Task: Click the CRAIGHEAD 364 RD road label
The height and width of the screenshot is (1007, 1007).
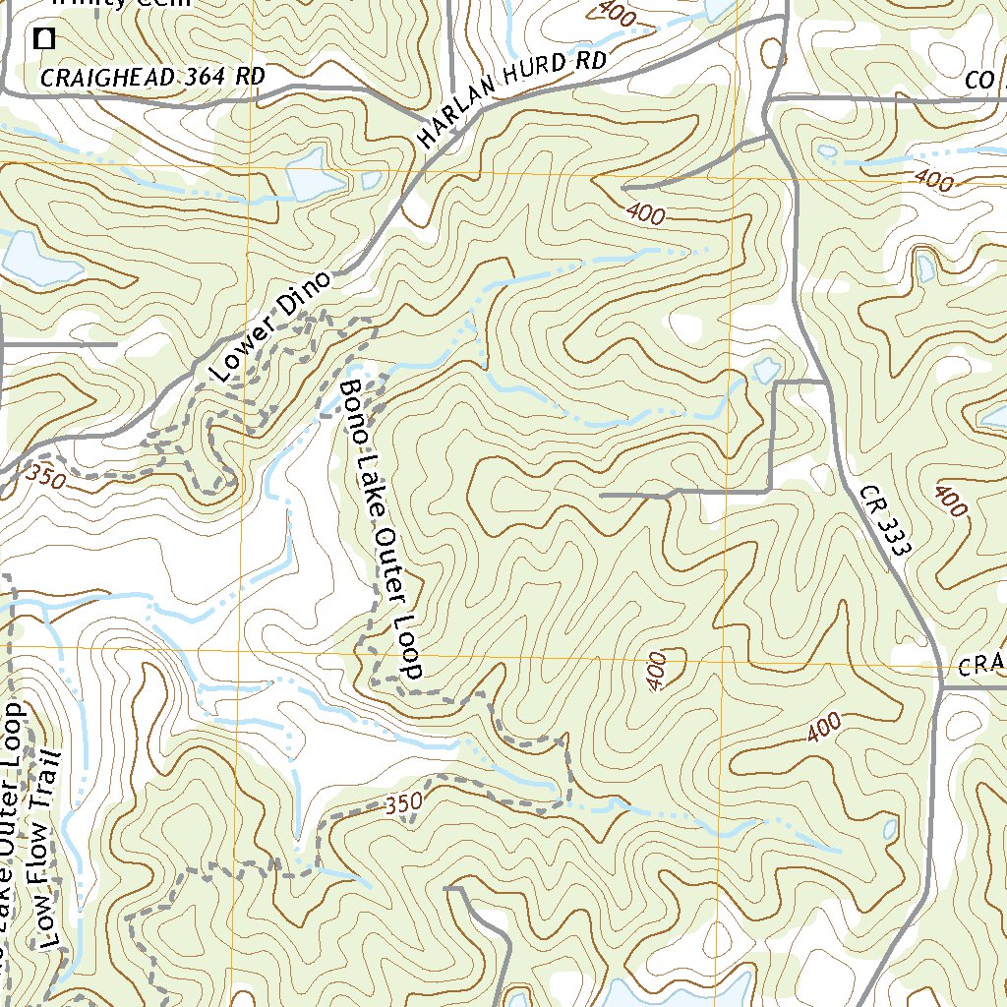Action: (152, 77)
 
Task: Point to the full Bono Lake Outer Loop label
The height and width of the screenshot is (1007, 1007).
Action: (381, 528)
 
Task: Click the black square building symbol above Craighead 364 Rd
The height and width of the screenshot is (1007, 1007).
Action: (43, 39)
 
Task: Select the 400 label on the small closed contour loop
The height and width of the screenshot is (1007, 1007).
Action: (658, 670)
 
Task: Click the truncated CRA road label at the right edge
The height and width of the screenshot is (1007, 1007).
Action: (982, 667)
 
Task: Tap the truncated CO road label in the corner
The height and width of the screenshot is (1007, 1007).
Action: (983, 83)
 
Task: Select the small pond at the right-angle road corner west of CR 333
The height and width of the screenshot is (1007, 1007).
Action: (765, 371)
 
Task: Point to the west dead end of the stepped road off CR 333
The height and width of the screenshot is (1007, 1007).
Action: (602, 496)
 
